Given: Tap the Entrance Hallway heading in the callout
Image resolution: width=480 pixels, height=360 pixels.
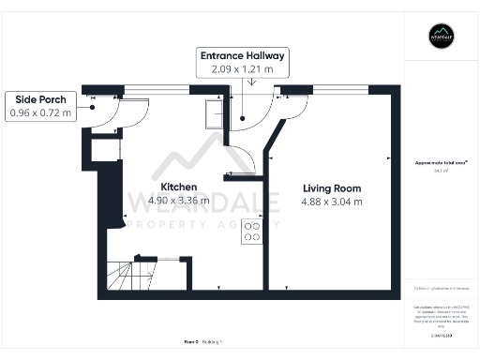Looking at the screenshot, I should click(242, 55).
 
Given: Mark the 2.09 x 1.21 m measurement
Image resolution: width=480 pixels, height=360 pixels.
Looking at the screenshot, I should click(242, 68).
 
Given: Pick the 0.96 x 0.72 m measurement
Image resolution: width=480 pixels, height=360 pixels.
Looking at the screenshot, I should click(40, 112).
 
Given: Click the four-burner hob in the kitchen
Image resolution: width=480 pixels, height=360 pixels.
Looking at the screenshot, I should click(252, 231).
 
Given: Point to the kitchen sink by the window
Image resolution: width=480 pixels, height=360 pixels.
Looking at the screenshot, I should click(213, 113).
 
